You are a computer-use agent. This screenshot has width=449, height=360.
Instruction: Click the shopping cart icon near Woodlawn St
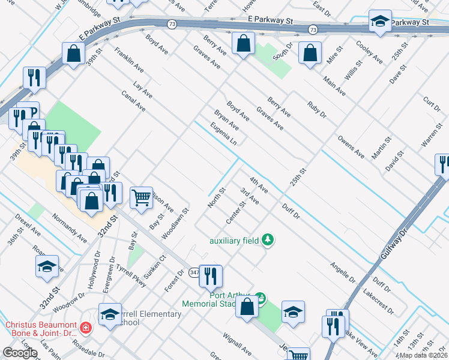(x=141, y=196)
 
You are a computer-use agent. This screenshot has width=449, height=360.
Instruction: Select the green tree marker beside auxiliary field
(x=268, y=241)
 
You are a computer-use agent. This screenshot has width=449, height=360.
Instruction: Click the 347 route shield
(x=194, y=272)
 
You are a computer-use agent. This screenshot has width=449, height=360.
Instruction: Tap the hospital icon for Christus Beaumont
(x=86, y=328)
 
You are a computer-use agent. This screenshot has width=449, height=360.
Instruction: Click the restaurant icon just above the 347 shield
(x=210, y=275)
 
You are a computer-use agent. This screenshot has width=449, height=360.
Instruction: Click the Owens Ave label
(x=351, y=146)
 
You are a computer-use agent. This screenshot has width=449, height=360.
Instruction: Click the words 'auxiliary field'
(x=234, y=241)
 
